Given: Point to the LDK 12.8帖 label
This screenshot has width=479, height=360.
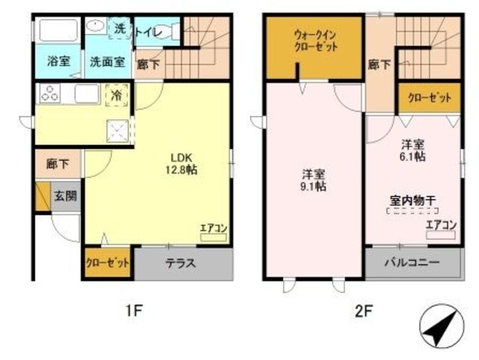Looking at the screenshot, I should [x=182, y=164].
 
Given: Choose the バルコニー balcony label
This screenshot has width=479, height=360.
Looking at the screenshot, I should [x=412, y=263].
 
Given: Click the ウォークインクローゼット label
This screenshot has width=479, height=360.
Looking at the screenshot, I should [x=315, y=40].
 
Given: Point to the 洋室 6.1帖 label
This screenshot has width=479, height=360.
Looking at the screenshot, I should [x=412, y=150].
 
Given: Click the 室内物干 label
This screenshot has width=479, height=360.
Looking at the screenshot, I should [x=413, y=201].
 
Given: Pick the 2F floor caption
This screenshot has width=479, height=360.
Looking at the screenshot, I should [x=363, y=311].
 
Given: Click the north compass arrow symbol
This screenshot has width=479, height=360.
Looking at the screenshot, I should [x=436, y=327].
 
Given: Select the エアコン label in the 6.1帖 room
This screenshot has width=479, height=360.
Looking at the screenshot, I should [x=441, y=225].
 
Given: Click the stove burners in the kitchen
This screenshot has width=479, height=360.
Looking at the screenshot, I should [x=51, y=95].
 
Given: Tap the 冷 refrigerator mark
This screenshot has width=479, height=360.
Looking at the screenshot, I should [x=118, y=95].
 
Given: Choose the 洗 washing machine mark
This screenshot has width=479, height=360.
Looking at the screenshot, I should [x=120, y=28].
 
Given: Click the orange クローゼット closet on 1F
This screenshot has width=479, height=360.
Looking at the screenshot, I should [x=108, y=263].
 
